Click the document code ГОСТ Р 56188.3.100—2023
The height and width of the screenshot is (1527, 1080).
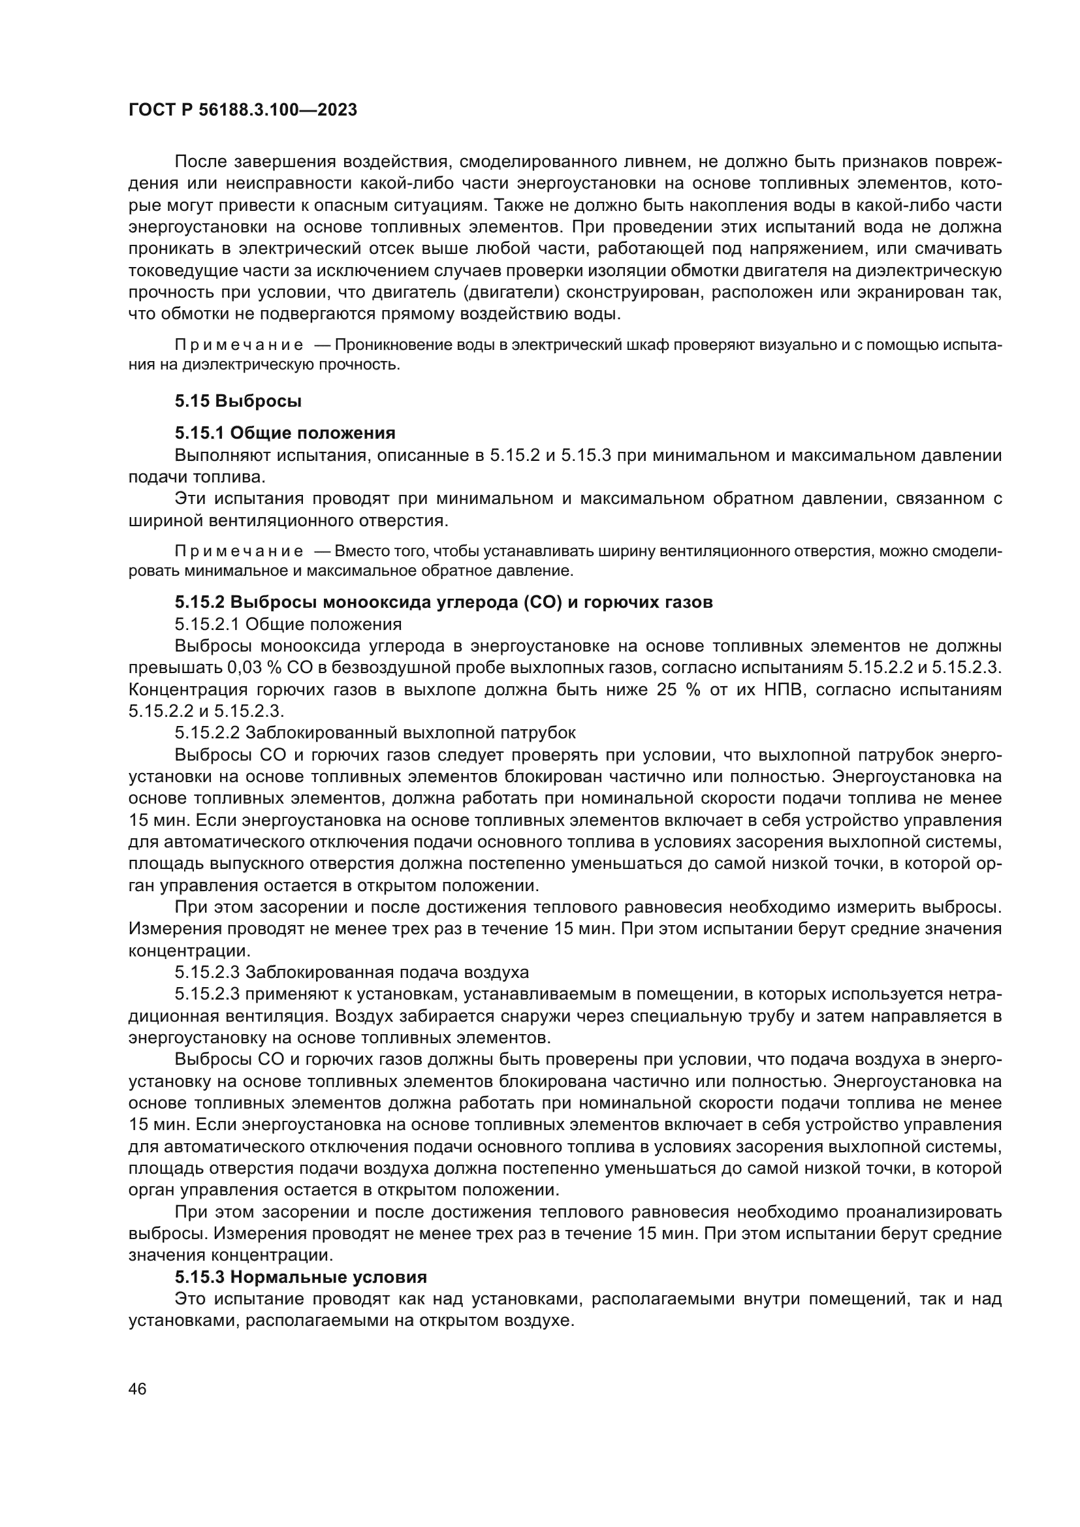pyautogui.click(x=243, y=110)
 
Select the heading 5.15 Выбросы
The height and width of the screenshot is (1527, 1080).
pyautogui.click(x=238, y=401)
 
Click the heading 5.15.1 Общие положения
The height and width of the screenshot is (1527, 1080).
pyautogui.click(x=285, y=433)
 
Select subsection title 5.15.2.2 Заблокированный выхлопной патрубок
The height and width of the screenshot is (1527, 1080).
pyautogui.click(x=375, y=733)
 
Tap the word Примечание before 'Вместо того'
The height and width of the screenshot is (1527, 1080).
pyautogui.click(x=239, y=552)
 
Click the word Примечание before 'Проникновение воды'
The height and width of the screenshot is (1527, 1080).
pyautogui.click(x=239, y=345)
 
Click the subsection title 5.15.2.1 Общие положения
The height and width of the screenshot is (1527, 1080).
pyautogui.click(x=288, y=624)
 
